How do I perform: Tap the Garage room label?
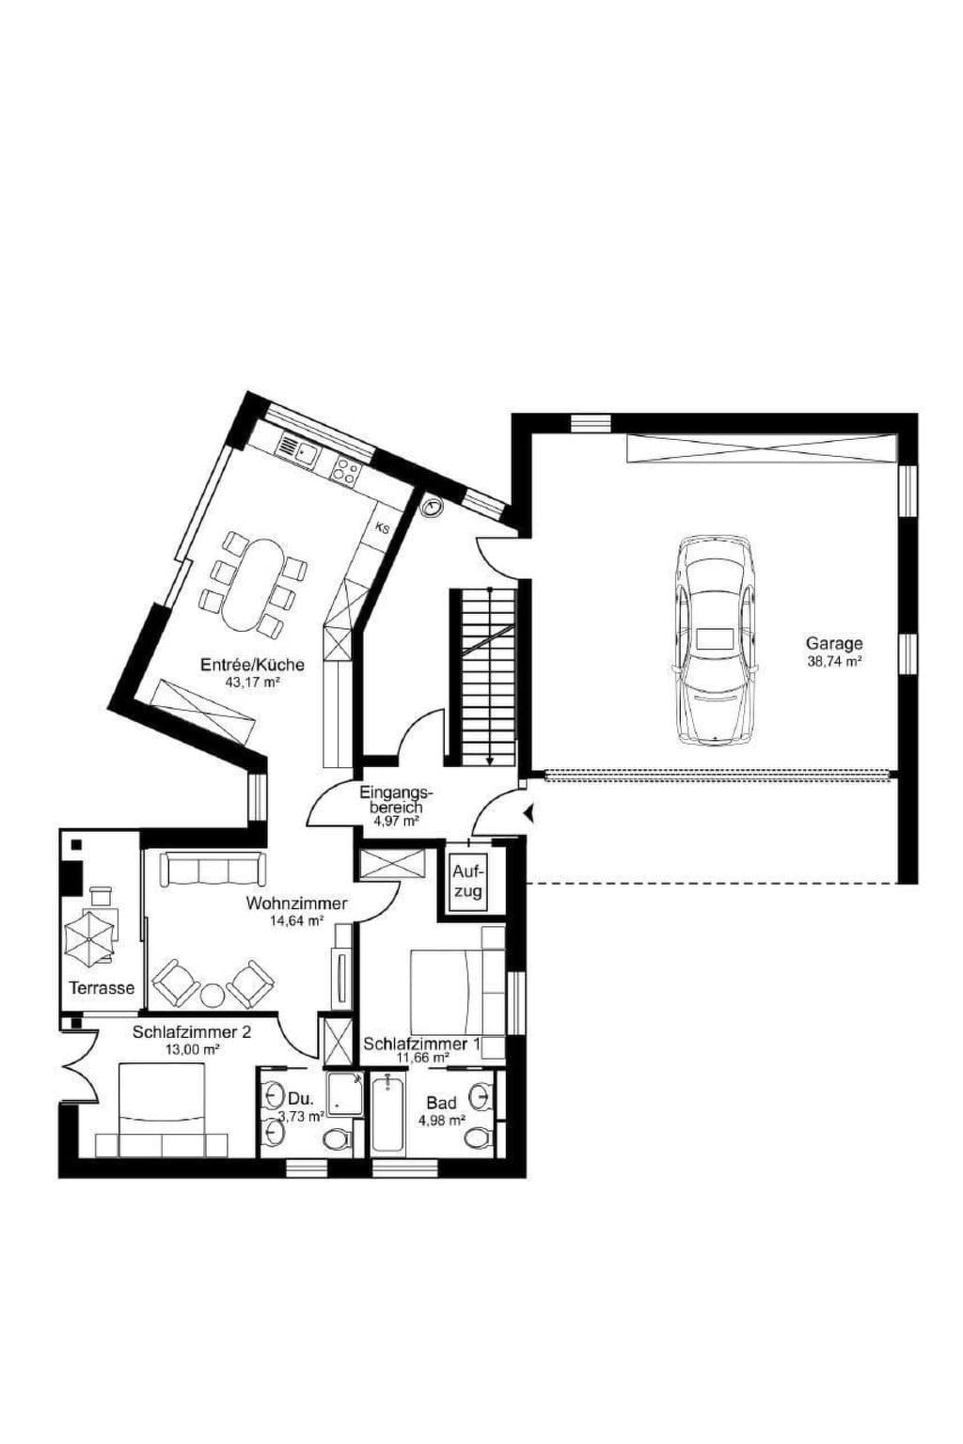point(834,643)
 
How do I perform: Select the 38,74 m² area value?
point(835,661)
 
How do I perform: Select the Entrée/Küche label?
point(252,664)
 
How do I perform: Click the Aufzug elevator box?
point(467,882)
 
